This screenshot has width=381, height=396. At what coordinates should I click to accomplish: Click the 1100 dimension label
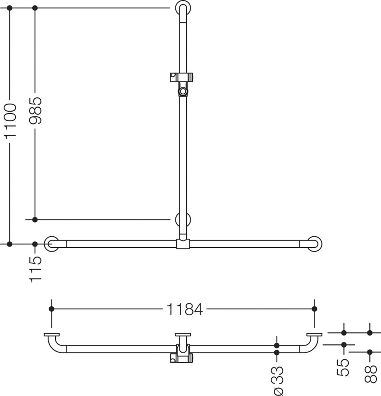(x=10, y=121)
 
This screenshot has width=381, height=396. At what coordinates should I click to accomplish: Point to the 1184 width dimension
(x=185, y=309)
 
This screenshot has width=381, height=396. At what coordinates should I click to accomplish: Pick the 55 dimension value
(x=343, y=367)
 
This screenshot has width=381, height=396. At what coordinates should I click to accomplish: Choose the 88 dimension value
(x=371, y=374)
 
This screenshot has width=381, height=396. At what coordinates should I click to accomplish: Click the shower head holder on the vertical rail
(x=182, y=84)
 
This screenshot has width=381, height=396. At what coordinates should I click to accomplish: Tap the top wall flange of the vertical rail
(x=183, y=8)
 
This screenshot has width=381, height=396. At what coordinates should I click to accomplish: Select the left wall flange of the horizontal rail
(x=52, y=244)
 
